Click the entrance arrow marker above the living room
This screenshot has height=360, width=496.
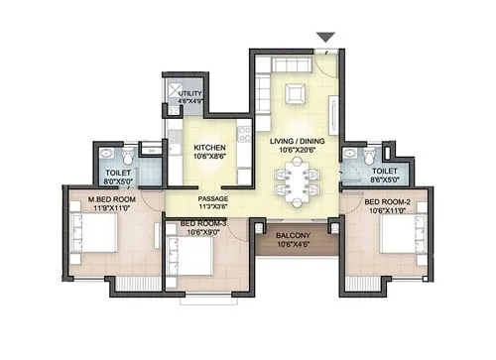[x=325, y=38]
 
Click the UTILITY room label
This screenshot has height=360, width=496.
[x=189, y=93]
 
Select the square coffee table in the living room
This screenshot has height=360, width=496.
[x=295, y=94]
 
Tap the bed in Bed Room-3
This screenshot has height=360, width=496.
[x=196, y=258]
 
